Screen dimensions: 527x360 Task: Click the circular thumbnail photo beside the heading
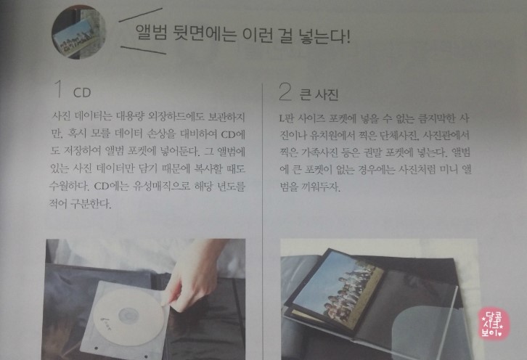click(x=79, y=32)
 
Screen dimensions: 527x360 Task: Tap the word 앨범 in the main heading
click(x=151, y=33)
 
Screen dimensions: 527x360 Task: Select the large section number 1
click(x=58, y=89)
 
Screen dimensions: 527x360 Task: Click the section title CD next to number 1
click(x=82, y=93)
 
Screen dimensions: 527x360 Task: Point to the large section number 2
click(x=285, y=91)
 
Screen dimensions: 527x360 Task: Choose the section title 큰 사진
click(x=319, y=95)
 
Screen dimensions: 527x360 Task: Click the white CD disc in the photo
click(x=128, y=316)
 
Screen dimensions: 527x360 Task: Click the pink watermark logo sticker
click(x=493, y=324)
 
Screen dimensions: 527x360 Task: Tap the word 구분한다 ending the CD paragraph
click(x=90, y=203)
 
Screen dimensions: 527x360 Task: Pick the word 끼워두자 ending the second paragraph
click(x=322, y=187)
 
